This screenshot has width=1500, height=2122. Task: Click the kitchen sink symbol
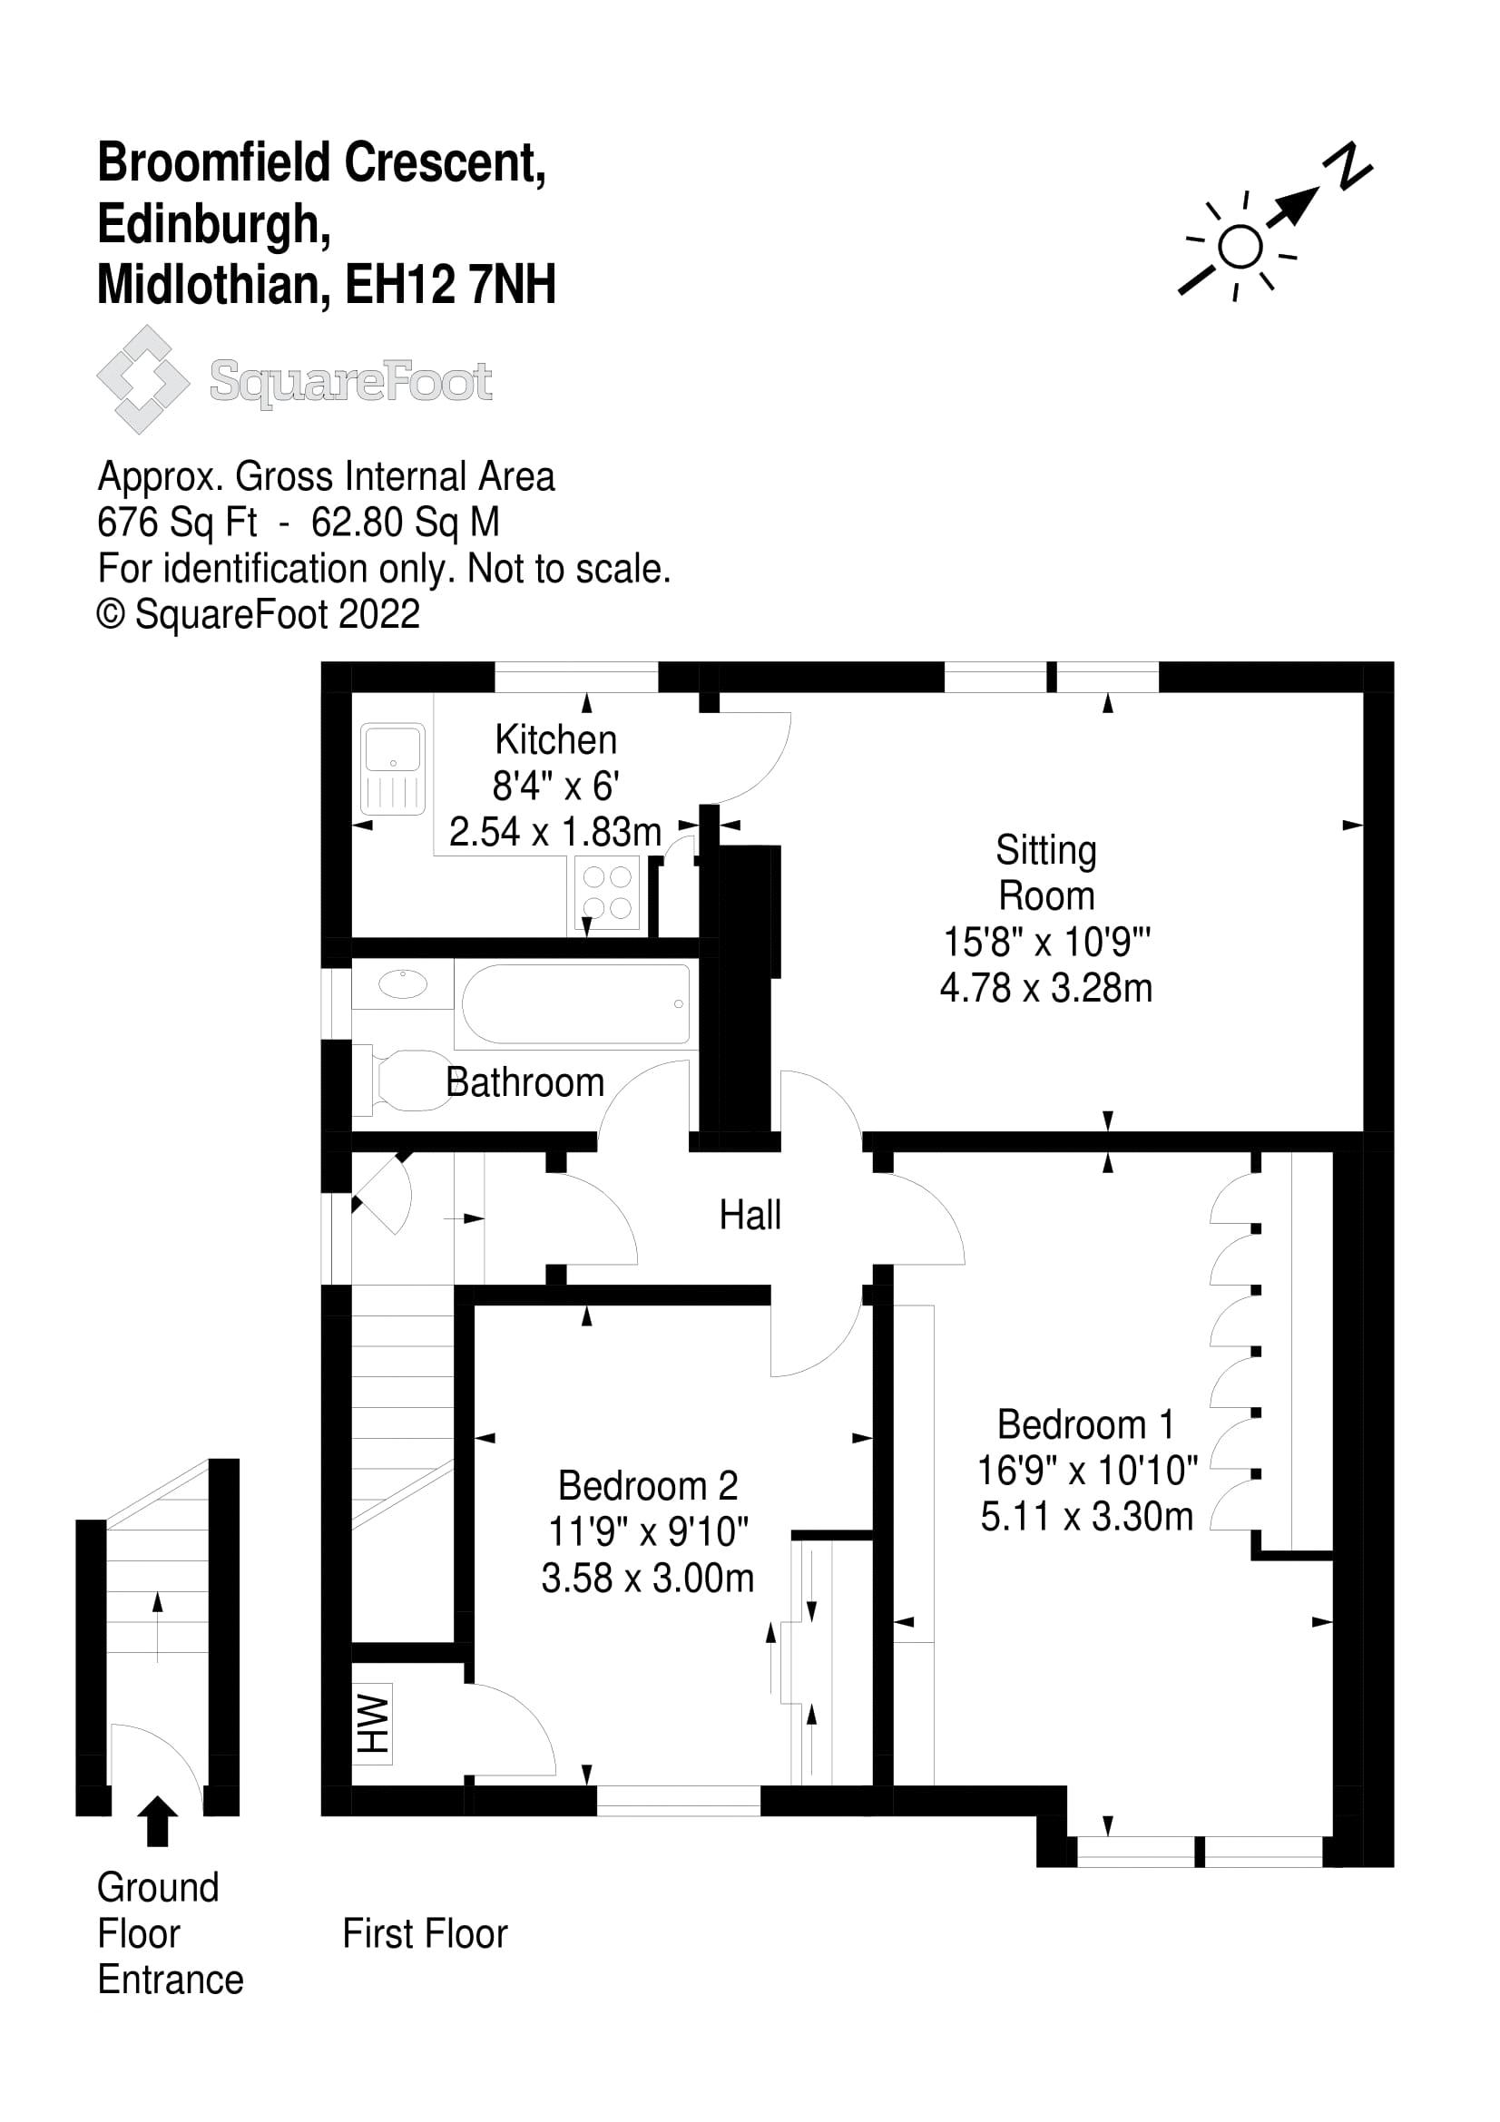[394, 768]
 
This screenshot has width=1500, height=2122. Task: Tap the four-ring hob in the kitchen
[607, 892]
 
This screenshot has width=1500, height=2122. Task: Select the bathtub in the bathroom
[574, 1003]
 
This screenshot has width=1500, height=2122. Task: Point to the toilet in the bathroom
[403, 1079]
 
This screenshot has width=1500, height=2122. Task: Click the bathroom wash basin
[403, 984]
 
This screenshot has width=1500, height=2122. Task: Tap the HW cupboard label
[373, 1724]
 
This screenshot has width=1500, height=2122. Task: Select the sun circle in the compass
[1240, 247]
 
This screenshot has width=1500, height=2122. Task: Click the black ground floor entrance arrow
[157, 1821]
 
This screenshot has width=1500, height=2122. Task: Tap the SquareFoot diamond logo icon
[142, 379]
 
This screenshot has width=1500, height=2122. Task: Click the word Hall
[750, 1216]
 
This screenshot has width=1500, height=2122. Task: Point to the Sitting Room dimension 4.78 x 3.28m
[1045, 988]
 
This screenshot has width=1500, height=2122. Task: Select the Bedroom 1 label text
[1086, 1424]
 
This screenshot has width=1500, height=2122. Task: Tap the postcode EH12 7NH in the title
[450, 284]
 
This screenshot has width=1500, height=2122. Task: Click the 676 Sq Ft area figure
[177, 523]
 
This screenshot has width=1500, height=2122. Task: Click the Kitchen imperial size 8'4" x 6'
[554, 786]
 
